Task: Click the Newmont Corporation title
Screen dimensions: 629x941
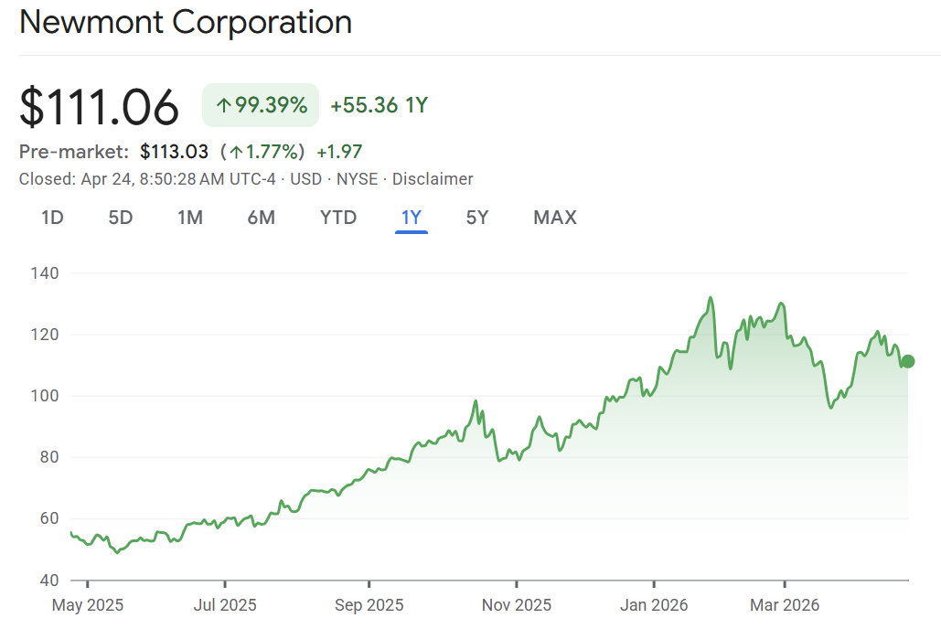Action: point(185,22)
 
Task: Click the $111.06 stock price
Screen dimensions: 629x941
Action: point(99,106)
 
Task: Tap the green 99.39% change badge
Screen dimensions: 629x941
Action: point(261,105)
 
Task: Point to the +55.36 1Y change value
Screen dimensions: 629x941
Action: point(379,105)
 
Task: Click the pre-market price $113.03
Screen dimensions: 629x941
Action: point(174,152)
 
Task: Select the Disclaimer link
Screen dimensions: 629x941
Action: point(433,179)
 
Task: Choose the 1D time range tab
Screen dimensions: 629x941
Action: point(52,218)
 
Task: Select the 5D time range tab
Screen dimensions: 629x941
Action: point(121,218)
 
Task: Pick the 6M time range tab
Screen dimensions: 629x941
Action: point(261,218)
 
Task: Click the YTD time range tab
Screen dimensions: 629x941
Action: point(338,218)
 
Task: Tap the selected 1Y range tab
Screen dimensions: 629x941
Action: point(412,218)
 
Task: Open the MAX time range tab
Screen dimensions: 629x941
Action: point(555,218)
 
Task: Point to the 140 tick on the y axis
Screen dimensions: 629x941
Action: point(44,273)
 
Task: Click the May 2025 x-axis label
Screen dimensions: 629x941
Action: point(88,605)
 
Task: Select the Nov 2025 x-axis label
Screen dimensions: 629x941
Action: point(517,605)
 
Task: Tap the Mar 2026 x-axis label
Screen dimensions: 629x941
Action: point(785,605)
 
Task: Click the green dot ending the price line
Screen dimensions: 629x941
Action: point(907,361)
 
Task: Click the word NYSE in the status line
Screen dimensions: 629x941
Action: point(357,179)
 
